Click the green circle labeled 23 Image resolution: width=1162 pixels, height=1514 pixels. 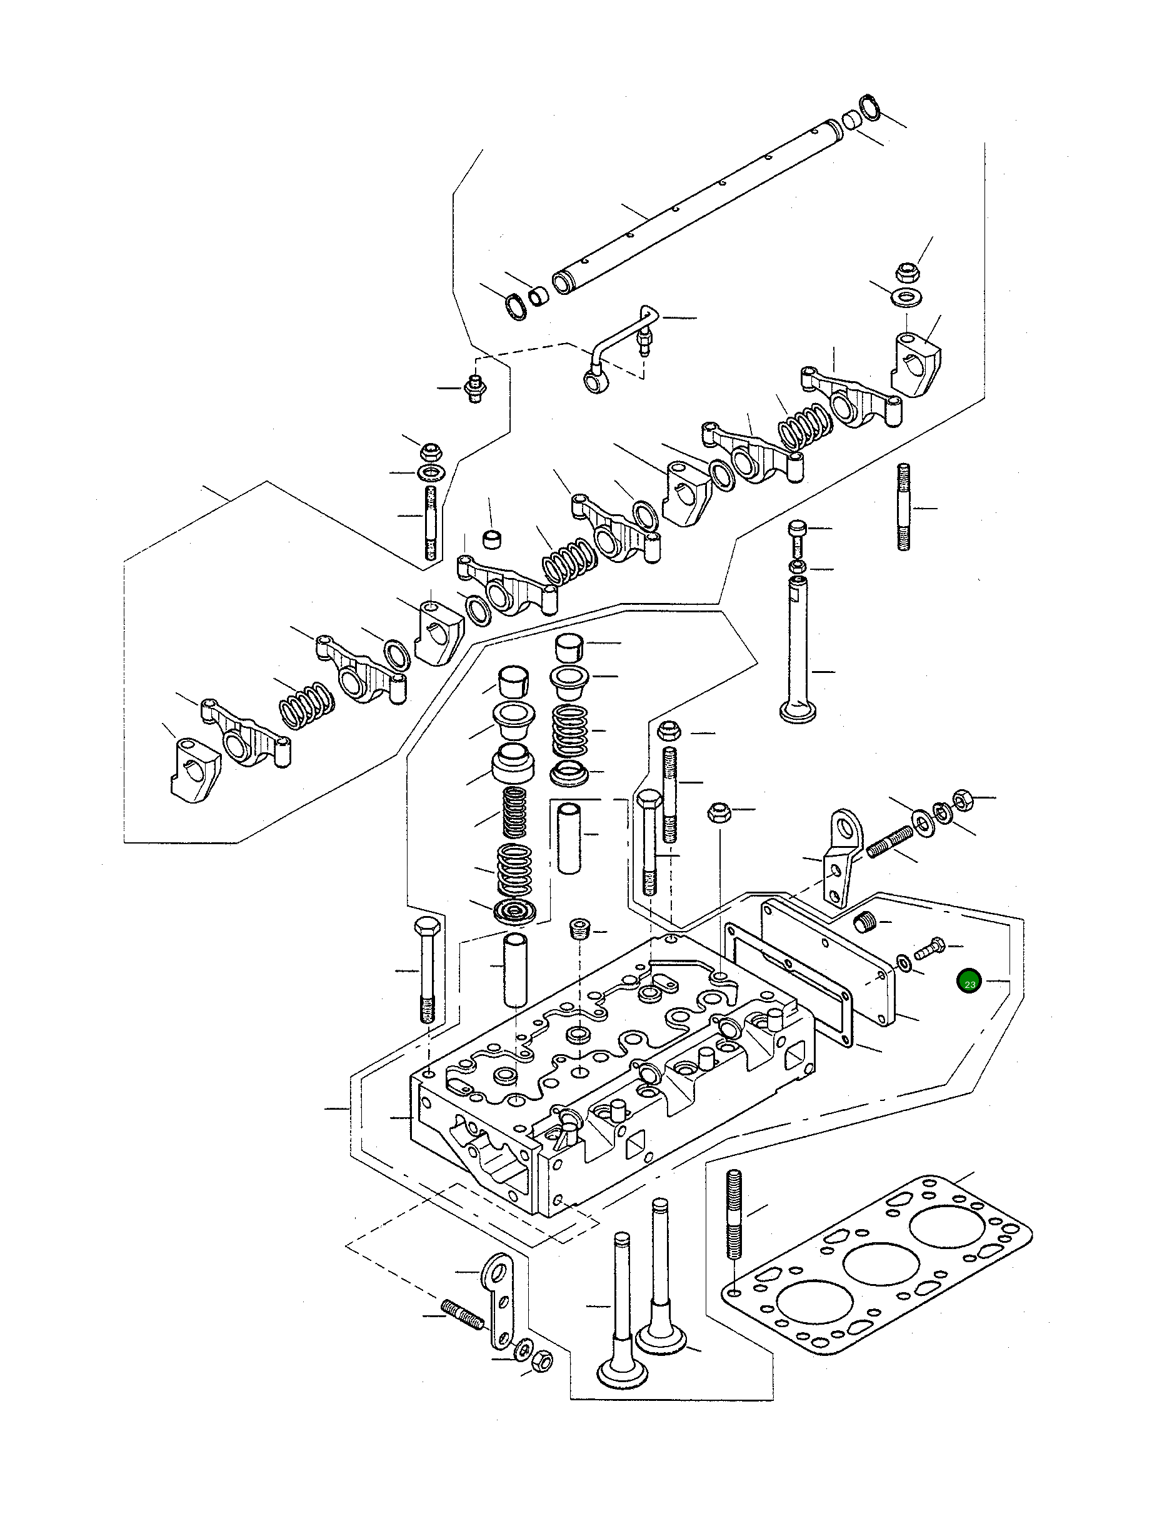(x=969, y=982)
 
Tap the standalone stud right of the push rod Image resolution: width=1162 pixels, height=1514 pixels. (x=903, y=508)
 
